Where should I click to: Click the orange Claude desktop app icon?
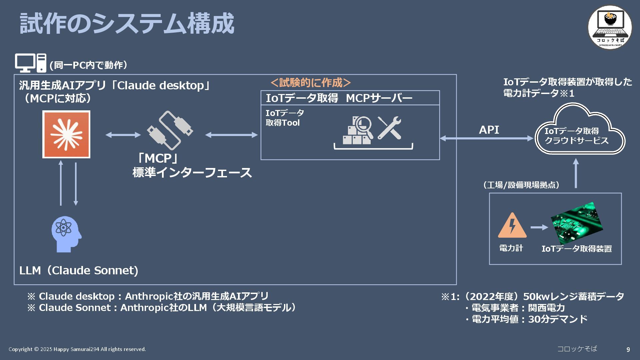(66, 134)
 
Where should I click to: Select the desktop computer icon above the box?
(30, 63)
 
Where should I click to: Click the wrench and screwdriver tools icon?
(389, 128)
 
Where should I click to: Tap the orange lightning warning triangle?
(512, 226)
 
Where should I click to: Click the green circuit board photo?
(577, 222)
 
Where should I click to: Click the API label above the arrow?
(489, 130)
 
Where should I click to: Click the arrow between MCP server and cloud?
(486, 138)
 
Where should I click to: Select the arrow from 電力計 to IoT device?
(539, 227)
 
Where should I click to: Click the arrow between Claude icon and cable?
(123, 135)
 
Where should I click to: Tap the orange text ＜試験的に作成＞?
(311, 82)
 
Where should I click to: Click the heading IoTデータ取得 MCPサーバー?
(339, 98)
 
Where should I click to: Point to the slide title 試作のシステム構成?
(127, 24)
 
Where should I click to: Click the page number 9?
(628, 349)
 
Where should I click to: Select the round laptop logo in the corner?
(610, 27)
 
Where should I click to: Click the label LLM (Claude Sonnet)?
(79, 270)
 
